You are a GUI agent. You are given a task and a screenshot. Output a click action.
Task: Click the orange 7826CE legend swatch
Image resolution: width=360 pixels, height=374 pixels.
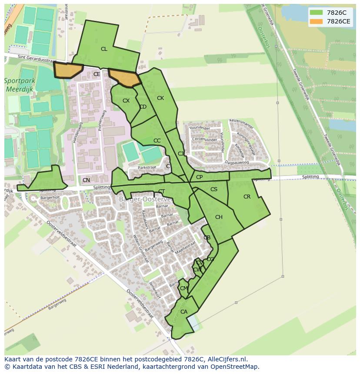click(316, 21)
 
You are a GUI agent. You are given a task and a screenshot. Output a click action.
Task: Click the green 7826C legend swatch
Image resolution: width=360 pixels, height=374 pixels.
click(316, 13)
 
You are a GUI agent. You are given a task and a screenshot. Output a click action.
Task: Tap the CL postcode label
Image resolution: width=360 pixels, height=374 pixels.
click(104, 49)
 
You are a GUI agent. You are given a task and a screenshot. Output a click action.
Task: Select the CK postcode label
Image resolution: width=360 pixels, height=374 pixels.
click(160, 98)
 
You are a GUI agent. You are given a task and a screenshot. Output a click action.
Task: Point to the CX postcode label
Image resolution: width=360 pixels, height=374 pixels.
click(126, 101)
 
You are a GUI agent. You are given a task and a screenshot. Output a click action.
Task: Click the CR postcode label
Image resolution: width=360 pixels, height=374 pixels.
click(247, 197)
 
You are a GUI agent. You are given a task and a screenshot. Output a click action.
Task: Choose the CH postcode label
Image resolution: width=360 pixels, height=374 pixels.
click(219, 217)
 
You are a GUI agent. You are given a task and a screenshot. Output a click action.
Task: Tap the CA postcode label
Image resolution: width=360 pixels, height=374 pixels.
click(184, 312)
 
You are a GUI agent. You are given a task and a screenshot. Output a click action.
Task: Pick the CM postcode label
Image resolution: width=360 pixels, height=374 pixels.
click(183, 288)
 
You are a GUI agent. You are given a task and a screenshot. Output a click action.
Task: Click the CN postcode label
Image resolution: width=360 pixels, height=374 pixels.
click(86, 180)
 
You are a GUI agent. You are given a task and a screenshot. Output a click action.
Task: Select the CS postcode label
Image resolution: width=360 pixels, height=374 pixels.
click(214, 189)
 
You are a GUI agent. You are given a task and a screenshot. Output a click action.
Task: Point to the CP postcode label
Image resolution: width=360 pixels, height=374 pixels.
click(199, 177)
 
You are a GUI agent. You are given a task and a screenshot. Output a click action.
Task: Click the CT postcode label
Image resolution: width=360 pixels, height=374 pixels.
click(161, 192)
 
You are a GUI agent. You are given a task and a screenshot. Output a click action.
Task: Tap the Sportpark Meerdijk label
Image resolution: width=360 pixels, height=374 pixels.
click(19, 85)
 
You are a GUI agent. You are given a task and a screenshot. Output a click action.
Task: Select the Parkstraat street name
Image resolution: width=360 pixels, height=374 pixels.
click(147, 167)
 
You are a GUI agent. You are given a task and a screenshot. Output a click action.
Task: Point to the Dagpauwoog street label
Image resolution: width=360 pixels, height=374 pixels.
click(237, 162)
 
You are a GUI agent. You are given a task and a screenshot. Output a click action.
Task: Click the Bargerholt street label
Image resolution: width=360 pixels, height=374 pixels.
click(50, 198)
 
